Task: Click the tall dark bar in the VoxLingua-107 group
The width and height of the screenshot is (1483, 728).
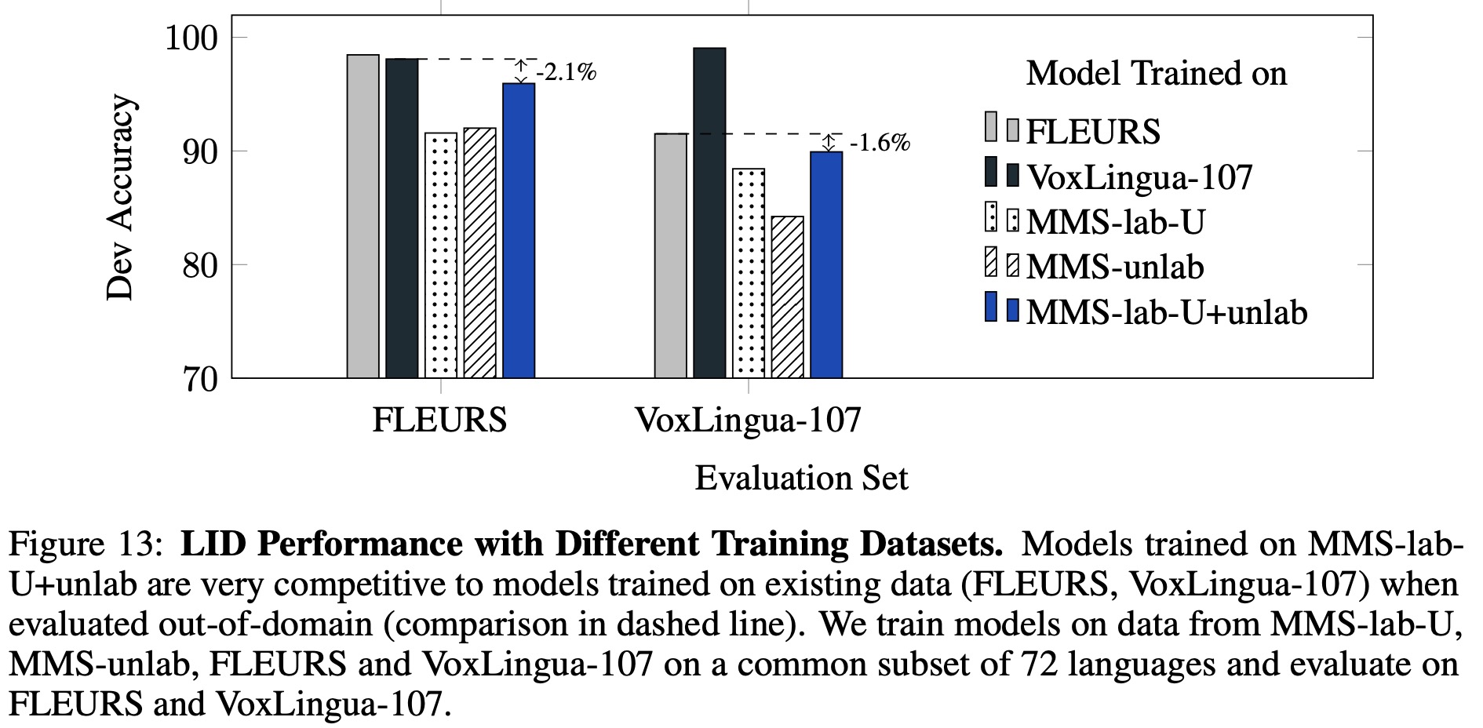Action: click(x=709, y=213)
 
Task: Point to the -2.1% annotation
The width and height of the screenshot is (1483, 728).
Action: click(x=566, y=73)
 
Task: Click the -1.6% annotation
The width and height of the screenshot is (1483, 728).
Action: click(x=880, y=144)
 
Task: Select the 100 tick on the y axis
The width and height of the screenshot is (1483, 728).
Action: click(x=191, y=38)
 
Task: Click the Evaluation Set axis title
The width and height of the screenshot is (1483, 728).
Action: click(x=801, y=479)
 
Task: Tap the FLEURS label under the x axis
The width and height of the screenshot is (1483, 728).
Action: click(x=439, y=420)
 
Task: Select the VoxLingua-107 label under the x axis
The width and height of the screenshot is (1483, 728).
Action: click(x=748, y=420)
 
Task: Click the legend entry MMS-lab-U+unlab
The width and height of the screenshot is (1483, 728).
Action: click(x=1166, y=312)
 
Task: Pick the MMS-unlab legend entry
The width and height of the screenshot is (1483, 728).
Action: click(x=1114, y=267)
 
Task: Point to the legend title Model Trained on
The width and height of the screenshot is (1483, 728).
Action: click(x=1156, y=74)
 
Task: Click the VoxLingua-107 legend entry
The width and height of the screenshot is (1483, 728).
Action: click(x=1139, y=177)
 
